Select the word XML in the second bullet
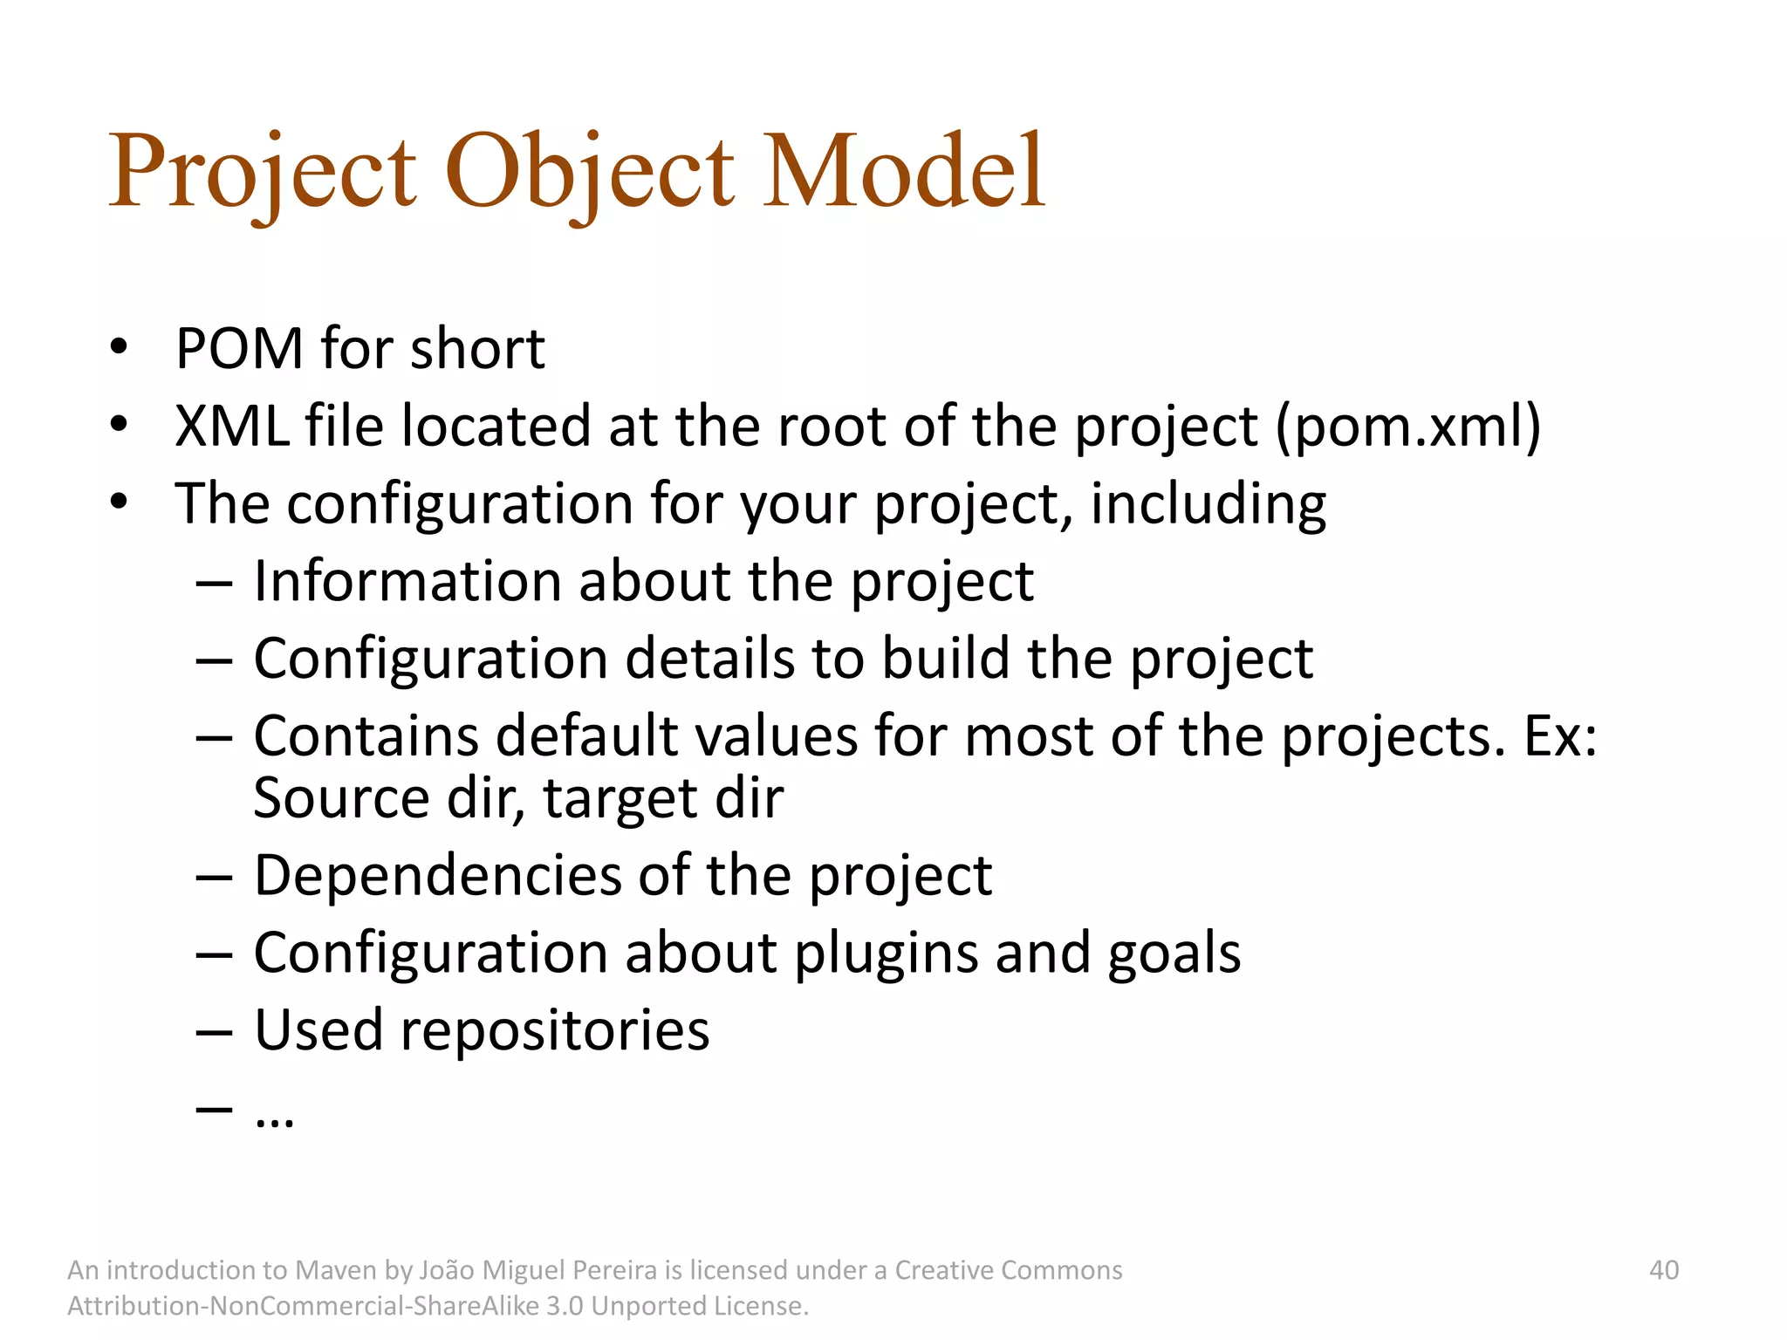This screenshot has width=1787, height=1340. tap(231, 427)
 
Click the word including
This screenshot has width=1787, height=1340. tap(1208, 504)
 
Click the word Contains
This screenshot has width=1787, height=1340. tap(366, 736)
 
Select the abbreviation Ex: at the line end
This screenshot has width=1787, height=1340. tap(1560, 736)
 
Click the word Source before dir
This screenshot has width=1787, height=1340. tap(341, 798)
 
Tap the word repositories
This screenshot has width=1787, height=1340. tap(555, 1030)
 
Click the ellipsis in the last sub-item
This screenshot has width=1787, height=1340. tap(274, 1118)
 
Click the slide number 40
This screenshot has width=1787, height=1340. tap(1663, 1270)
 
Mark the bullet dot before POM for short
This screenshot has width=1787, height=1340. tap(120, 347)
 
